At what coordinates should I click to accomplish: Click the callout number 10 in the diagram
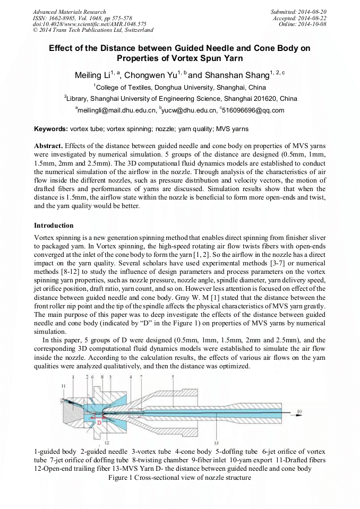(x=299, y=411)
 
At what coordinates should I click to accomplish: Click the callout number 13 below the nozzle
(x=216, y=442)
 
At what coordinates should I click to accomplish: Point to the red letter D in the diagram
(x=99, y=422)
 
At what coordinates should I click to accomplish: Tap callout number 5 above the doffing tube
(x=173, y=376)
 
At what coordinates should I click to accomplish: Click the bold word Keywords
(x=50, y=129)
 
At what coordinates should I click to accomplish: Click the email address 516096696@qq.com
(x=253, y=110)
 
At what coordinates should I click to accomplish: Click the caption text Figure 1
(x=121, y=478)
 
